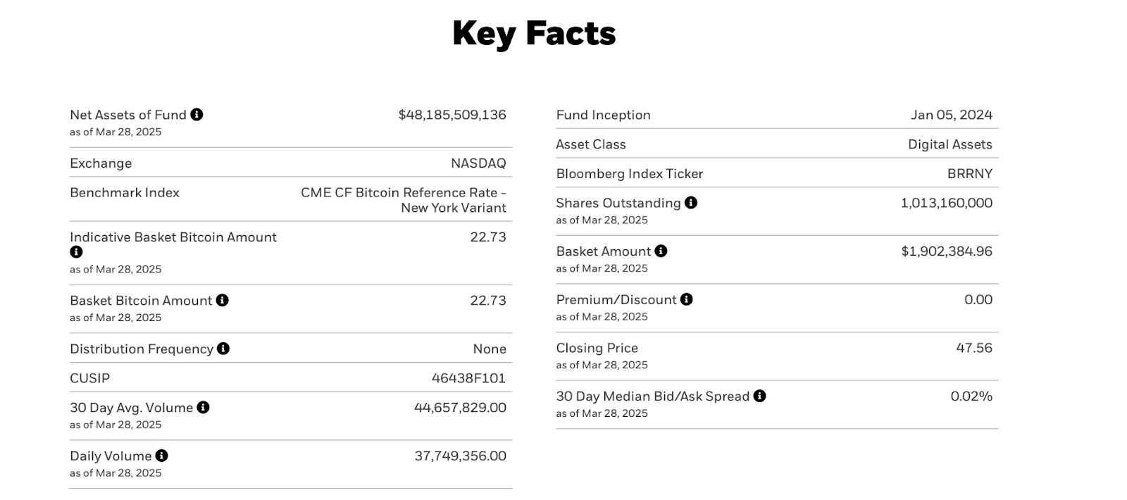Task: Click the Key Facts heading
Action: (533, 33)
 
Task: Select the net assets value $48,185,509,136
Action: (452, 115)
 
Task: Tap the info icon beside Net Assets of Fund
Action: (197, 114)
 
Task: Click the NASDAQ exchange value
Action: (478, 163)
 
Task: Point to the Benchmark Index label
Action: (125, 192)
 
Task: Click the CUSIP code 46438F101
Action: (468, 378)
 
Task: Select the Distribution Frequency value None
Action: (489, 349)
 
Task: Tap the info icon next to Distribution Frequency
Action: (223, 349)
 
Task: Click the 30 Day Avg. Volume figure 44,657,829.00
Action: (460, 408)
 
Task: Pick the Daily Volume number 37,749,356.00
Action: (460, 456)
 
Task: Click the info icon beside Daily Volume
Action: (161, 456)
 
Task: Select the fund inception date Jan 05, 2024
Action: (951, 115)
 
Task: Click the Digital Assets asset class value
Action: (949, 144)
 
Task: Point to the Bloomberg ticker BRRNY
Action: (969, 174)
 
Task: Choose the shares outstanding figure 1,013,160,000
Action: (946, 204)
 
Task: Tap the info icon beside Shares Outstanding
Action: (691, 203)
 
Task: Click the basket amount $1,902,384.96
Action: (946, 251)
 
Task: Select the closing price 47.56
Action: (973, 348)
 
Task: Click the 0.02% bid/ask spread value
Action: (971, 396)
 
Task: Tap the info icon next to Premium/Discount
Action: (687, 299)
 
